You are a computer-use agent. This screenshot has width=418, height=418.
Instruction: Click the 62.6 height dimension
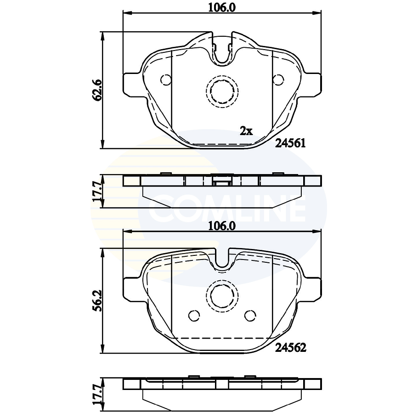click(97, 90)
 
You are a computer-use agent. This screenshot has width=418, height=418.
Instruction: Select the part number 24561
click(290, 143)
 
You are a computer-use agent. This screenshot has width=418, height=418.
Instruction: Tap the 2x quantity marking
click(246, 131)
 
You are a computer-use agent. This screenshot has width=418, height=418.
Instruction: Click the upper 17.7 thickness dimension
click(97, 191)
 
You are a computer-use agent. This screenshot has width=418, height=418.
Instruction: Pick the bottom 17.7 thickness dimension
click(97, 395)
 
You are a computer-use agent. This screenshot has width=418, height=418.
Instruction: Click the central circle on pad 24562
click(221, 295)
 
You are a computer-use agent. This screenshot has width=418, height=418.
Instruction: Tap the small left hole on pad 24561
click(165, 80)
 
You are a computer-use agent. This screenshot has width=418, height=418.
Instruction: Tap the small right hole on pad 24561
click(278, 80)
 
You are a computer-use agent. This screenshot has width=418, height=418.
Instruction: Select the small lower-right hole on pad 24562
click(250, 316)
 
